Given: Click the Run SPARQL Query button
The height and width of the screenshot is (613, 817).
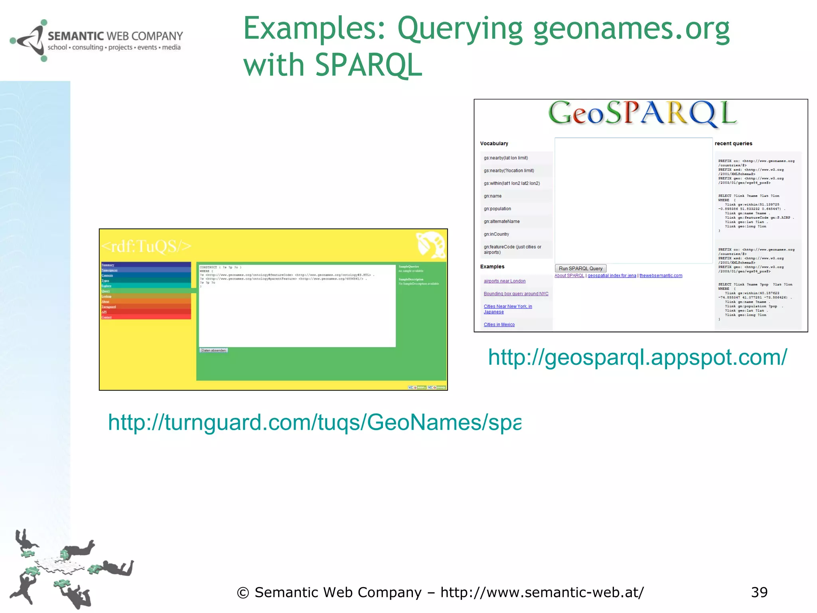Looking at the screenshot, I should pos(580,269).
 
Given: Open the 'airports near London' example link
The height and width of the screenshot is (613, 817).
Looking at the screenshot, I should pos(504,281).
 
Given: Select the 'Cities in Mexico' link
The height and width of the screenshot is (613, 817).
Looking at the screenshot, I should pos(499,324).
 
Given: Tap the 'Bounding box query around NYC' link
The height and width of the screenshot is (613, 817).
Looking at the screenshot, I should pos(516,294).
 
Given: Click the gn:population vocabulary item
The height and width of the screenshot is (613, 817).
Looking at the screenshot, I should pos(497,209).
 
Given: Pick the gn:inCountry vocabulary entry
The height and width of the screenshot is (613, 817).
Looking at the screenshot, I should pos(496,234).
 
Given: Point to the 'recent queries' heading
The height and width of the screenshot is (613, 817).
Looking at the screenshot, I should pos(733,144).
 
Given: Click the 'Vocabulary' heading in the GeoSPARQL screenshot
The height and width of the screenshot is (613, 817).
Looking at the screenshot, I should pos(494,144).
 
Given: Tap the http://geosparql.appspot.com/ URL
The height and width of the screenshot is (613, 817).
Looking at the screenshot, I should pos(637,357).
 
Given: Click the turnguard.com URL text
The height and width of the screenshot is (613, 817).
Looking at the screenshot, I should pos(314,422).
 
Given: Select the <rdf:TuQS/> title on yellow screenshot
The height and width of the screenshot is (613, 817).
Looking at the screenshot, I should pos(146,246).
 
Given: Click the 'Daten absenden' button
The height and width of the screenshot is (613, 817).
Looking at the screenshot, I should pos(213,350).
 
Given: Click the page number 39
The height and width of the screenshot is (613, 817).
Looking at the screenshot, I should pos(759,592).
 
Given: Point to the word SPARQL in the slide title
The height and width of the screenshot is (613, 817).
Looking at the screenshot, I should pos(368,65).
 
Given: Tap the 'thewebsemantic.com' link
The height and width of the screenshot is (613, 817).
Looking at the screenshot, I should pos(661,276).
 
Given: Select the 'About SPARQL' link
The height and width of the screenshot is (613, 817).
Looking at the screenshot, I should pos(569,276).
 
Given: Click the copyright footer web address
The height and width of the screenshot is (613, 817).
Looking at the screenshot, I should pos(542,593).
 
